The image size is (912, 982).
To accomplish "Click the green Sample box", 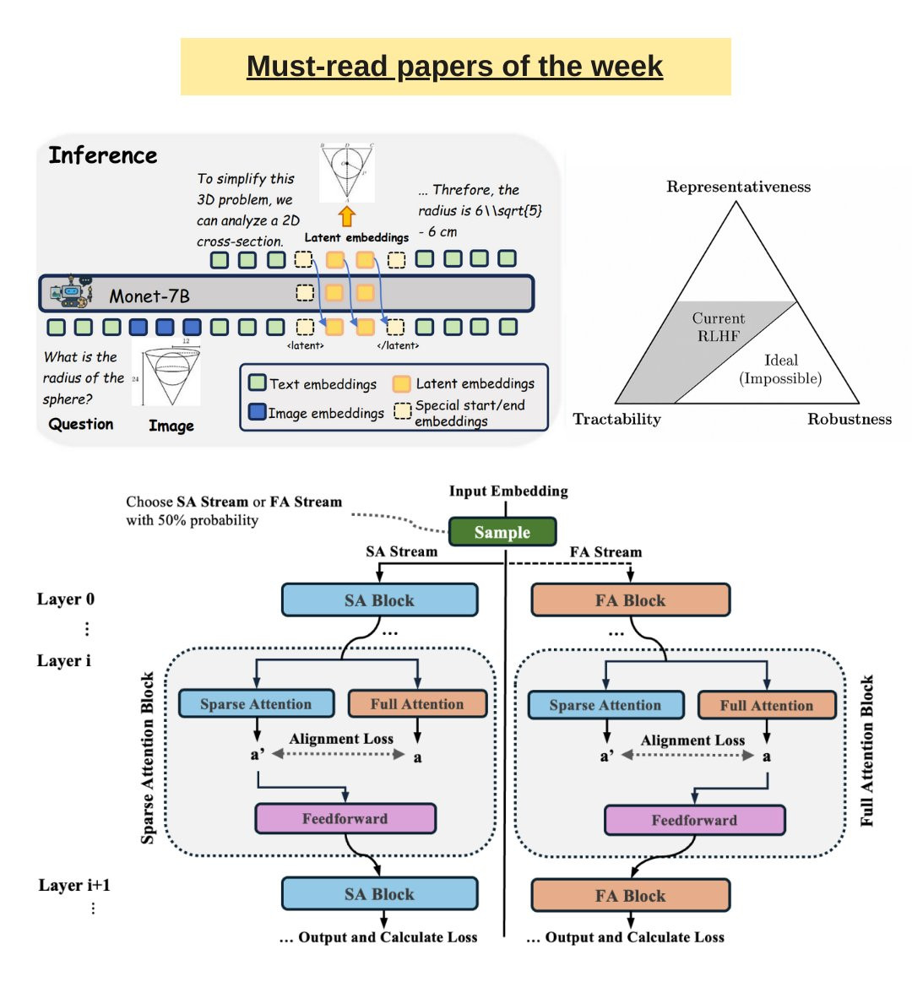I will [502, 532].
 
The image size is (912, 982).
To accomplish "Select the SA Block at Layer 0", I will [379, 600].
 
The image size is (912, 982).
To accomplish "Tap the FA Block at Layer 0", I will [630, 600].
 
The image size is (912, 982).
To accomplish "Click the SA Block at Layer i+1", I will [379, 894].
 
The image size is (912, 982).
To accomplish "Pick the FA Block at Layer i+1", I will [630, 896].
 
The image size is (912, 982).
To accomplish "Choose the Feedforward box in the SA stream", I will [345, 818].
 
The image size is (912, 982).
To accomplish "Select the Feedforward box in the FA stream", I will [694, 820].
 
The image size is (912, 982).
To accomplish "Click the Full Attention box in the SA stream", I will [417, 704].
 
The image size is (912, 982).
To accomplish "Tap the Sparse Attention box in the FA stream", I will [605, 705].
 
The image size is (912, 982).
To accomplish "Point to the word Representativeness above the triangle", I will [738, 187].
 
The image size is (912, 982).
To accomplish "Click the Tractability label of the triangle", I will [616, 419].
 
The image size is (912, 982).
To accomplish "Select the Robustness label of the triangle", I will [849, 419].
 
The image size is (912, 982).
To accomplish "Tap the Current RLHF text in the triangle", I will [719, 327].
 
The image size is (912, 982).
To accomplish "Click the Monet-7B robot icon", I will [72, 293].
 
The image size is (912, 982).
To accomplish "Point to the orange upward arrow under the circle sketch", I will [347, 215].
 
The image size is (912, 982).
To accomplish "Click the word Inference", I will [103, 155].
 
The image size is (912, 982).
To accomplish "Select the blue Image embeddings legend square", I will [258, 412].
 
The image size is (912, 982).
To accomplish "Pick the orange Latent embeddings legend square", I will [402, 383].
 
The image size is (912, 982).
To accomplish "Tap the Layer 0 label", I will [66, 600].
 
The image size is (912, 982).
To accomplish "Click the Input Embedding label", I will [508, 491].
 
